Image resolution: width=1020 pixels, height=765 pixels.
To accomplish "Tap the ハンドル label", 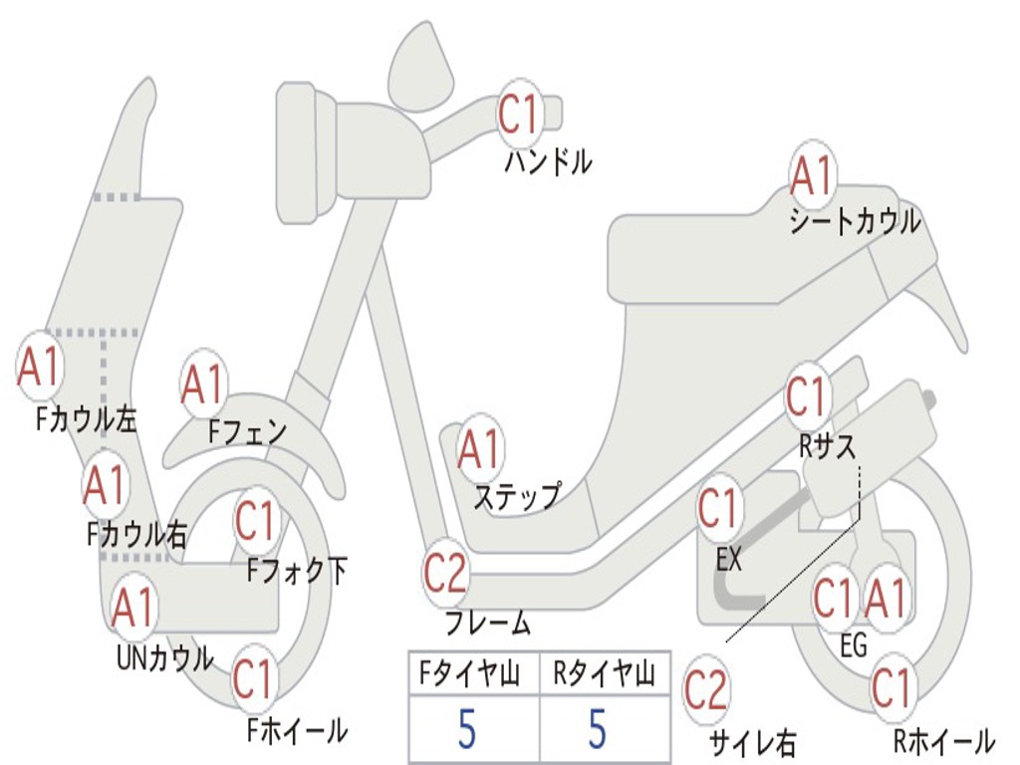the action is click(548, 161).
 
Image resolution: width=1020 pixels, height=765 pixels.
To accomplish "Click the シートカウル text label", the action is click(855, 222).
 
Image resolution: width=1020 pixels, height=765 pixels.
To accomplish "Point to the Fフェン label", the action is click(247, 431).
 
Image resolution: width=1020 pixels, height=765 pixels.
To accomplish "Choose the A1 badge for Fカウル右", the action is click(105, 485).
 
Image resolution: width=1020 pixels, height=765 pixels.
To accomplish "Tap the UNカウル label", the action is click(164, 657).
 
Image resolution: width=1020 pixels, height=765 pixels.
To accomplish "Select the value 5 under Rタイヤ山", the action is click(597, 730).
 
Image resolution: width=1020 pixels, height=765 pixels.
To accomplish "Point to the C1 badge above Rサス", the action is click(807, 397).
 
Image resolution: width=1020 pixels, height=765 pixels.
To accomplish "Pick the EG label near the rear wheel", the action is click(854, 646).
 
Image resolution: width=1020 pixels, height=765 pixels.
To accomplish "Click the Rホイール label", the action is click(943, 740).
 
